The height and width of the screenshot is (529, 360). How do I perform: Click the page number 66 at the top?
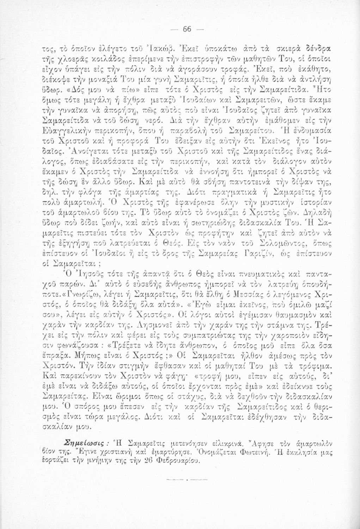coord(187,30)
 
